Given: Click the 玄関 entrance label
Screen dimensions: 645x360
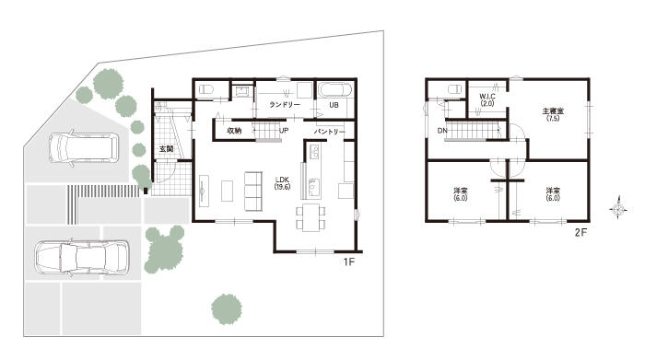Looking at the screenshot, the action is (166, 149).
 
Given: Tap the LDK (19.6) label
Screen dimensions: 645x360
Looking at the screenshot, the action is (283, 183).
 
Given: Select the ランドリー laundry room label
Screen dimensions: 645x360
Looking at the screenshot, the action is (285, 105).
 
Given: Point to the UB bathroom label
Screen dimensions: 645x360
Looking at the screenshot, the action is (334, 105).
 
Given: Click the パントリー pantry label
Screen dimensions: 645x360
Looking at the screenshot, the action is (330, 132).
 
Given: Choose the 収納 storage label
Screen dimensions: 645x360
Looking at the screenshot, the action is (234, 131).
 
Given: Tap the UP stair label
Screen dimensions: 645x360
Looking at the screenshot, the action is (284, 131).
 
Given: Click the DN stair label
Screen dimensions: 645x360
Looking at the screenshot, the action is (442, 131).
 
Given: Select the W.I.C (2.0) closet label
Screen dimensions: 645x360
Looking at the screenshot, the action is (487, 99).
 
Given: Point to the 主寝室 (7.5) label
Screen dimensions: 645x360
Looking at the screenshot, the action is (553, 114).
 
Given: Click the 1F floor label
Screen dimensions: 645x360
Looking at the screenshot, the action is (349, 261).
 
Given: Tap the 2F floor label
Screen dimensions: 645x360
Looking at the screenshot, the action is (580, 233).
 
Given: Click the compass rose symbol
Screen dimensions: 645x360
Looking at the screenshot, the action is (618, 210).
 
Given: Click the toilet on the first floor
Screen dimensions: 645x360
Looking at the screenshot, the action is (205, 89).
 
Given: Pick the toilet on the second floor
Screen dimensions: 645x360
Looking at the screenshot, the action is (454, 89).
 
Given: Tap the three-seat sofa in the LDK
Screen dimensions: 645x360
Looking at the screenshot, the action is (253, 192).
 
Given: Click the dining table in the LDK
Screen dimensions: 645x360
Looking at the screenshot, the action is (311, 217).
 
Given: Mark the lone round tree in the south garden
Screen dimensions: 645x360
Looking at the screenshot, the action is (227, 309).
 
